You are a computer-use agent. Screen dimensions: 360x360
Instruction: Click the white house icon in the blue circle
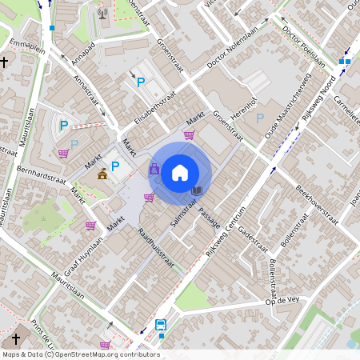pyautogui.click(x=180, y=172)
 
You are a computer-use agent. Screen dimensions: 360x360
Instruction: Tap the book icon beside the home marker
pyautogui.click(x=197, y=191)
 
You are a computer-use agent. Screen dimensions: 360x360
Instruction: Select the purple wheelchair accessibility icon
pyautogui.click(x=154, y=169)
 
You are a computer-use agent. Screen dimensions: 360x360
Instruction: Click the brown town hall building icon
pyautogui.click(x=102, y=173)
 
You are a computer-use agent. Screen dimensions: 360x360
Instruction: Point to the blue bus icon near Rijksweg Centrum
pyautogui.click(x=160, y=326)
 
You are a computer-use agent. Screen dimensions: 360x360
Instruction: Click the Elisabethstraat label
pyautogui.click(x=155, y=109)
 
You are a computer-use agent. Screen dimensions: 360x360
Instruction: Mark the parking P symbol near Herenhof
pyautogui.click(x=258, y=118)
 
